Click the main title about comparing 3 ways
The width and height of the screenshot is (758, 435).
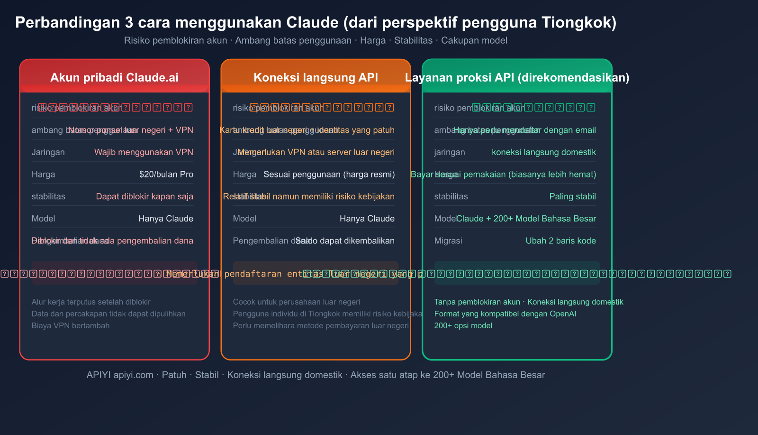tap(316, 22)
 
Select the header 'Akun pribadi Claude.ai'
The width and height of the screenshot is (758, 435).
tap(115, 77)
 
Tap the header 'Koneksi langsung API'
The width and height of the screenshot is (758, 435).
tap(316, 77)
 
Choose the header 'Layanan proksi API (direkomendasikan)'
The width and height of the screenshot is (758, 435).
tap(517, 77)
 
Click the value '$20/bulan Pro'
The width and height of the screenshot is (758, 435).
tap(166, 174)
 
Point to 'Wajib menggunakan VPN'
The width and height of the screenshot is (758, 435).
tap(144, 152)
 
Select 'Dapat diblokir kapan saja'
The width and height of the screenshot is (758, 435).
tap(144, 196)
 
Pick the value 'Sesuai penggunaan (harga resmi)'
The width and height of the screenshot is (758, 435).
tap(329, 174)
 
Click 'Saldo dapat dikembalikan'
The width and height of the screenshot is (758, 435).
tap(345, 241)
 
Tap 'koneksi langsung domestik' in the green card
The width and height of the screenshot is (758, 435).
tap(543, 152)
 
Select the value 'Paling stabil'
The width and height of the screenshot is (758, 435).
tap(572, 196)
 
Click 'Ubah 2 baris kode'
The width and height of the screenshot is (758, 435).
tap(560, 241)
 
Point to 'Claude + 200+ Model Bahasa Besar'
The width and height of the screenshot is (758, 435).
tap(526, 219)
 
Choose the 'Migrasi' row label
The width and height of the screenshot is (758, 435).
tap(448, 241)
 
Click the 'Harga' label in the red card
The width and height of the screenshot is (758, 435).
tap(43, 174)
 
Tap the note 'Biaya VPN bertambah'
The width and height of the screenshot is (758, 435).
tap(71, 325)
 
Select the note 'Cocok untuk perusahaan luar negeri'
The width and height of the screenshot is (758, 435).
tap(296, 302)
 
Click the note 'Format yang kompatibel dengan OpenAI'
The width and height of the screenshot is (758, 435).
tap(505, 314)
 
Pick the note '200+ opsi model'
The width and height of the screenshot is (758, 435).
tap(463, 325)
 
